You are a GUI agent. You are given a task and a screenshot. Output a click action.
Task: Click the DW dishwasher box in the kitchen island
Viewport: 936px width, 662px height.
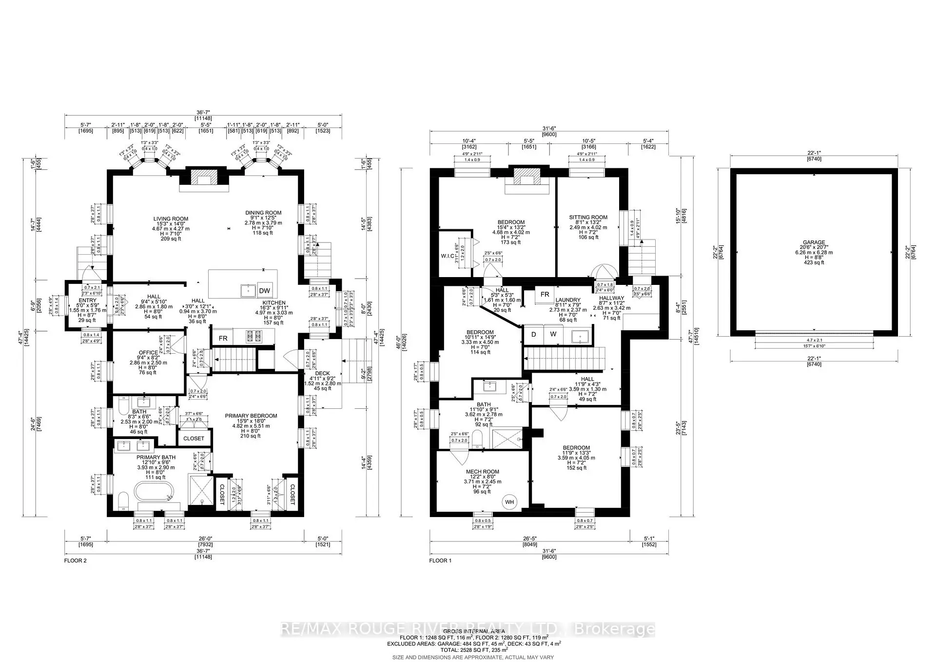click(x=265, y=291)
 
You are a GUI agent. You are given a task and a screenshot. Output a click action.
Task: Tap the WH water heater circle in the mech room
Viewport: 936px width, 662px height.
click(x=509, y=502)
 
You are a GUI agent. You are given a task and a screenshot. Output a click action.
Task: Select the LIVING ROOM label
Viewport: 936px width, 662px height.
click(x=171, y=219)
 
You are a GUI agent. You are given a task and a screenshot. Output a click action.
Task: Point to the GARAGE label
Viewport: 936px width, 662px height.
click(x=814, y=242)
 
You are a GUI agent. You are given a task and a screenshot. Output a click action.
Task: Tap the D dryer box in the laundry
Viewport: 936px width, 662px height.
click(x=533, y=334)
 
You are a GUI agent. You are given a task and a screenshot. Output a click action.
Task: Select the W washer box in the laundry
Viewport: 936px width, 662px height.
click(x=553, y=334)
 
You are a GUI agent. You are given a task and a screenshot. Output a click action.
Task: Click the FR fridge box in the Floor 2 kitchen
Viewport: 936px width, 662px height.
click(x=223, y=338)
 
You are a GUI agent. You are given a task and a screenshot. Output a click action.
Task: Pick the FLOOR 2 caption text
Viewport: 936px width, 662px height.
click(x=75, y=561)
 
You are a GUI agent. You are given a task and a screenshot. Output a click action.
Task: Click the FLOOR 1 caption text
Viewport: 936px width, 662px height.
click(x=440, y=561)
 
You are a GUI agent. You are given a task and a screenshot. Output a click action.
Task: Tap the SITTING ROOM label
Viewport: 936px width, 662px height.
click(x=588, y=217)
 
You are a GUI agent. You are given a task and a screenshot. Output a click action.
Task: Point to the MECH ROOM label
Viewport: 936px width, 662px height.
click(x=482, y=472)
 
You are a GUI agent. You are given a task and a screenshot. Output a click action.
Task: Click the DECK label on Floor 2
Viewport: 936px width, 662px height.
click(x=322, y=373)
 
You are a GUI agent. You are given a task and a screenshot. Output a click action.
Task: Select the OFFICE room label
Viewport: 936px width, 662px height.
click(x=148, y=352)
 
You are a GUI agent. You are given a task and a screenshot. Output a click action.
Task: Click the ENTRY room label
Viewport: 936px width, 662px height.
click(x=88, y=301)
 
